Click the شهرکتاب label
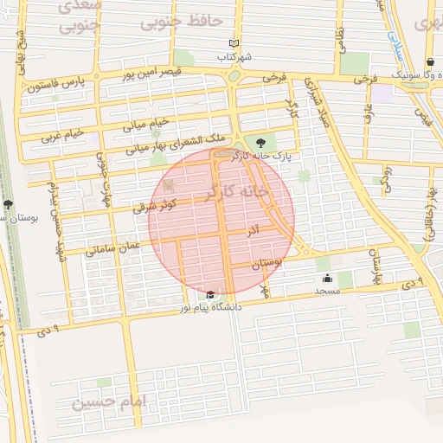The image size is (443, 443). coord(234,56)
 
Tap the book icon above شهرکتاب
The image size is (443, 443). coord(234,43)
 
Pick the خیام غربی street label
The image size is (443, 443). coord(62,136)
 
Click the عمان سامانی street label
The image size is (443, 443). coord(112,248)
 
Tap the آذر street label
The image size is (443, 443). coord(253,232)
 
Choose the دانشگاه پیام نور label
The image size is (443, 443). coord(211,307)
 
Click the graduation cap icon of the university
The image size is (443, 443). coord(211,295)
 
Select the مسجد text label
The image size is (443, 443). coord(328,292)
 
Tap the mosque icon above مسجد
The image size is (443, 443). coord(328,279)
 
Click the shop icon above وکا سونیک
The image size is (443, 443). coord(431,62)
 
